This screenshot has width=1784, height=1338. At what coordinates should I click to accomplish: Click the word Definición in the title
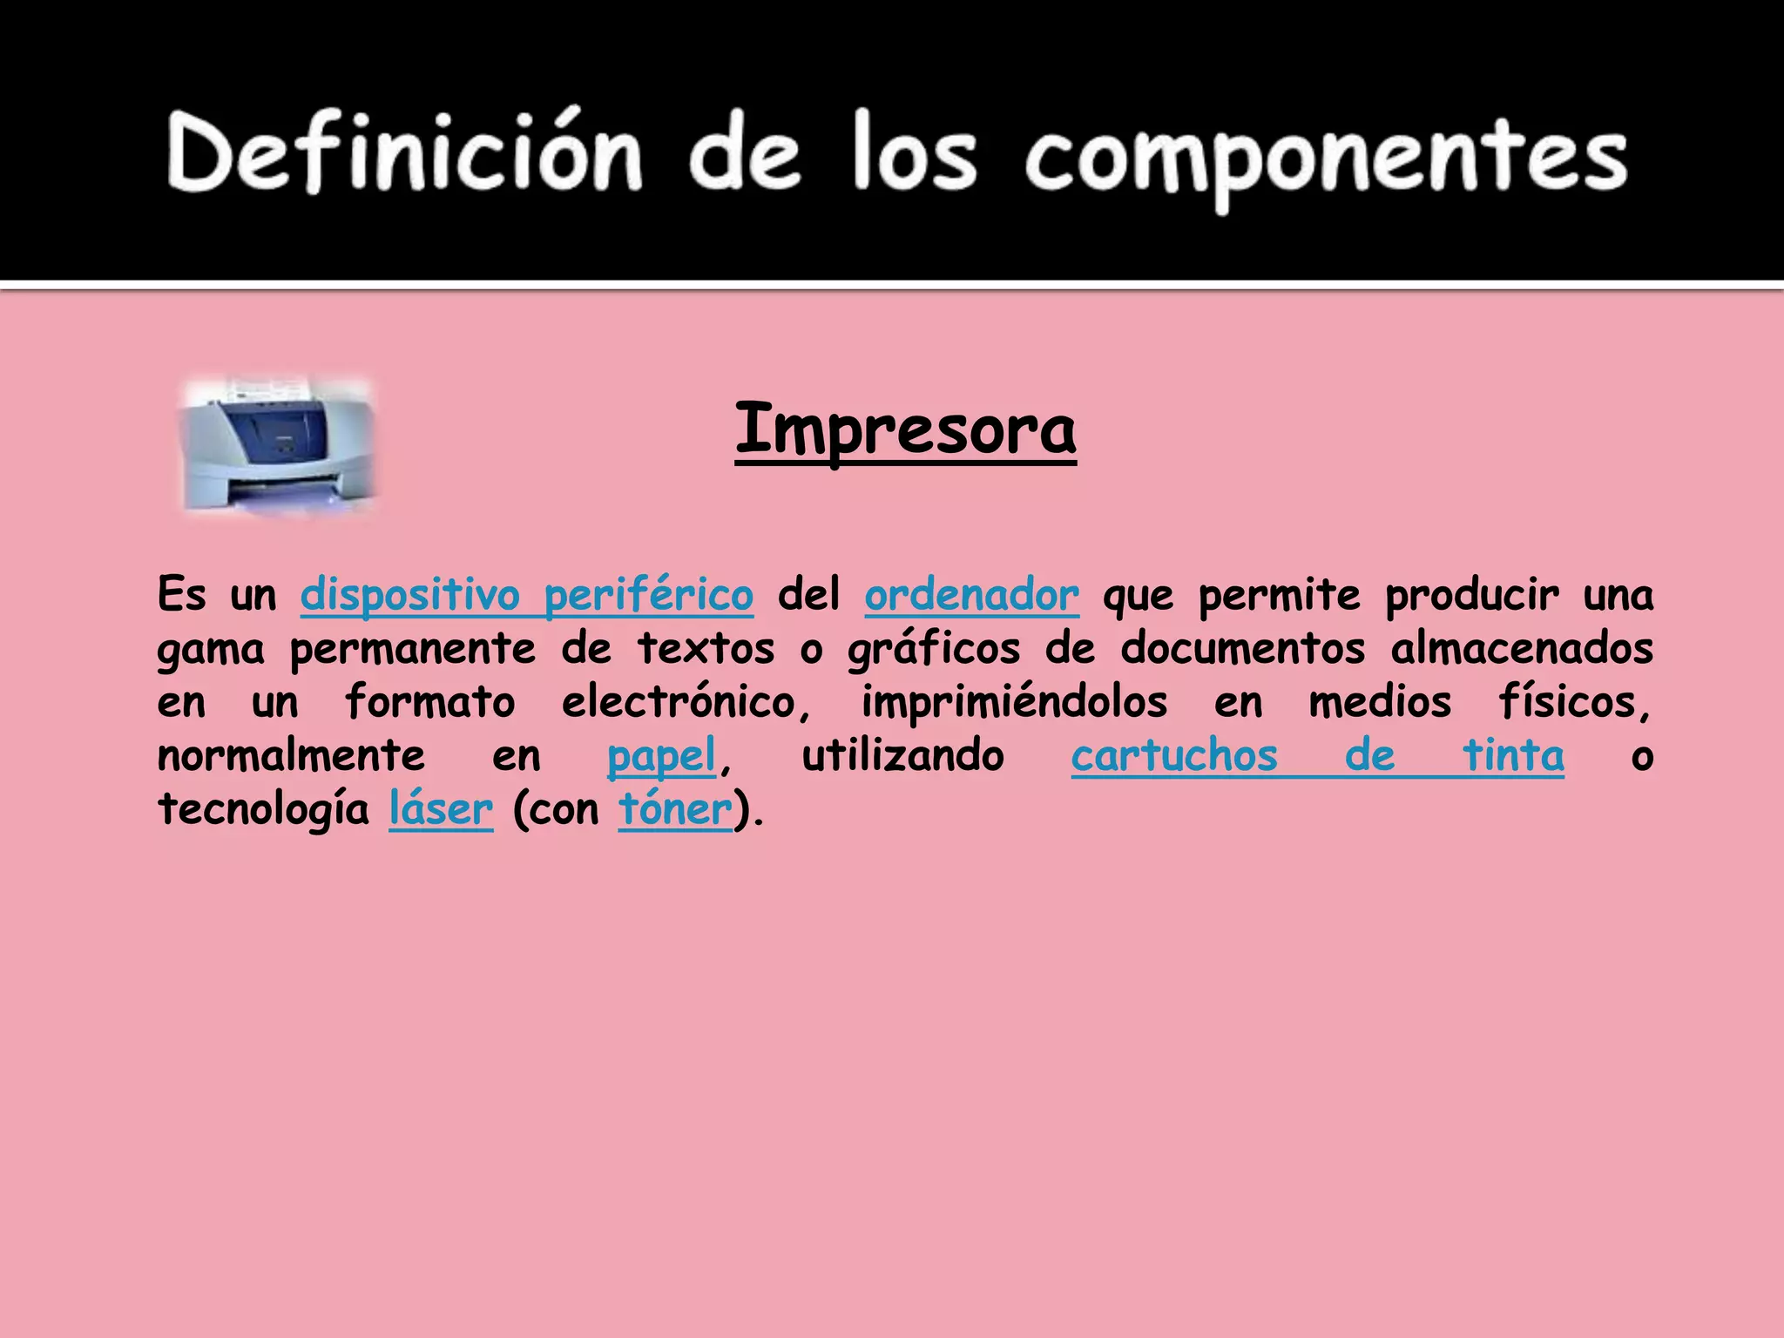point(405,152)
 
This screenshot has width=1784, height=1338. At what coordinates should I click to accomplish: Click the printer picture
point(278,445)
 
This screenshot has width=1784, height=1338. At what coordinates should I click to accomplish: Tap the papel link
point(661,756)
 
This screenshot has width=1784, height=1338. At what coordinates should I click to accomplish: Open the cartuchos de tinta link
point(1317,756)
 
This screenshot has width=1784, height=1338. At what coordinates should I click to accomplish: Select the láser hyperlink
point(441,810)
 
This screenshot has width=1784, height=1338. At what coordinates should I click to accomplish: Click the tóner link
point(675,810)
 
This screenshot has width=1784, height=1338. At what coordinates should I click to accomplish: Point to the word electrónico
point(685,703)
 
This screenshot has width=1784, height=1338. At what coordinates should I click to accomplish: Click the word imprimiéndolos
point(1014,703)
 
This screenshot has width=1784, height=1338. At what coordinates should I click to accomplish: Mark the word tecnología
point(263,810)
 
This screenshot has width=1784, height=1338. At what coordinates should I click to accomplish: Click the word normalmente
point(291,756)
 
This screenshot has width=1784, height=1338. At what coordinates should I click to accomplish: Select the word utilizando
point(902,756)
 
